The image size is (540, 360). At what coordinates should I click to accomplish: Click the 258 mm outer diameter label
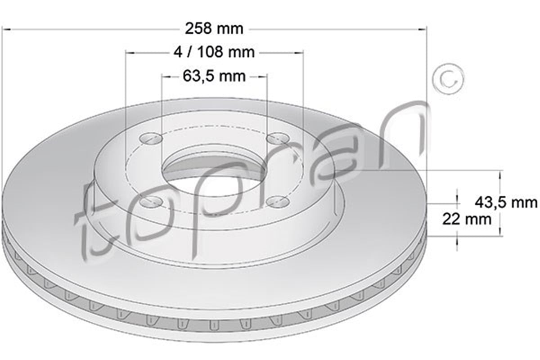click(214, 29)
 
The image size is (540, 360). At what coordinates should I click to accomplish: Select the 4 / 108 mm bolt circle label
click(214, 52)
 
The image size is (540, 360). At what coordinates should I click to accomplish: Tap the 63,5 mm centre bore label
click(214, 76)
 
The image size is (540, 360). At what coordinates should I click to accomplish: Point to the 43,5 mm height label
click(506, 202)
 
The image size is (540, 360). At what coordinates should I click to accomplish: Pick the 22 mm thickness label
click(467, 220)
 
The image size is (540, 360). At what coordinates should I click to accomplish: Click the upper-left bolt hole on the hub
click(151, 139)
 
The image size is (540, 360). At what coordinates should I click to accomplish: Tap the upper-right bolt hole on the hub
click(278, 139)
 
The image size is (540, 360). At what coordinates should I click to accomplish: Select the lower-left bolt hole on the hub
click(151, 202)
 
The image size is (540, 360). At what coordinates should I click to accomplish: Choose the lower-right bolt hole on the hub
click(278, 202)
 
